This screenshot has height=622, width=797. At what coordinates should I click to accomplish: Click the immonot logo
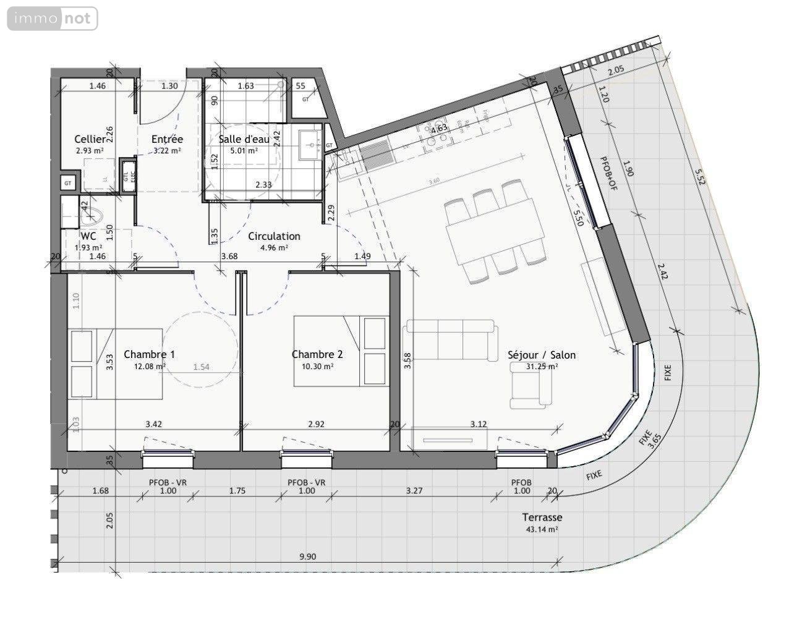(53, 19)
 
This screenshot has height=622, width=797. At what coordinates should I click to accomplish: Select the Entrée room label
(167, 140)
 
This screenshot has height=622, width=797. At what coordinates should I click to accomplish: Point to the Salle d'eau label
(244, 139)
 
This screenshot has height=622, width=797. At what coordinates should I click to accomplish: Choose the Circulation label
(274, 236)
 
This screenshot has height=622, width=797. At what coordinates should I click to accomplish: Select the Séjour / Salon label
(541, 355)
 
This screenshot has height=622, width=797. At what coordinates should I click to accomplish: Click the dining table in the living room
(495, 232)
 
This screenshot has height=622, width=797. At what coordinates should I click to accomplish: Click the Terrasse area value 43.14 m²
(541, 529)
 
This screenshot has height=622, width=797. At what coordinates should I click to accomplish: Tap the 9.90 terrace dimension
(307, 556)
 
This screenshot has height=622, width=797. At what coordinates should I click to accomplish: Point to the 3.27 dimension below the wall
(416, 491)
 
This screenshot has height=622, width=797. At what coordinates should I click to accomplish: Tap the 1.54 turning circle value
(201, 367)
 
